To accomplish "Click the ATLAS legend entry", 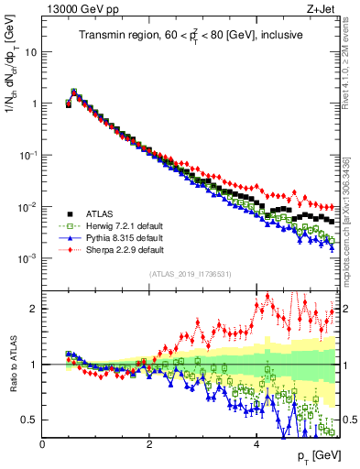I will coord(99,213).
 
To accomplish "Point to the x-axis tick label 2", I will coord(149,443).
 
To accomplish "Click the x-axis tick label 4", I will coord(256,443).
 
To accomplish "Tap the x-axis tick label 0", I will coord(42,443).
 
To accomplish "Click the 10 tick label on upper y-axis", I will coord(29,52).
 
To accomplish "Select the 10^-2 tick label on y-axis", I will coord(27,207).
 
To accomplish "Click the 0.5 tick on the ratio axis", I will coord(29,420).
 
